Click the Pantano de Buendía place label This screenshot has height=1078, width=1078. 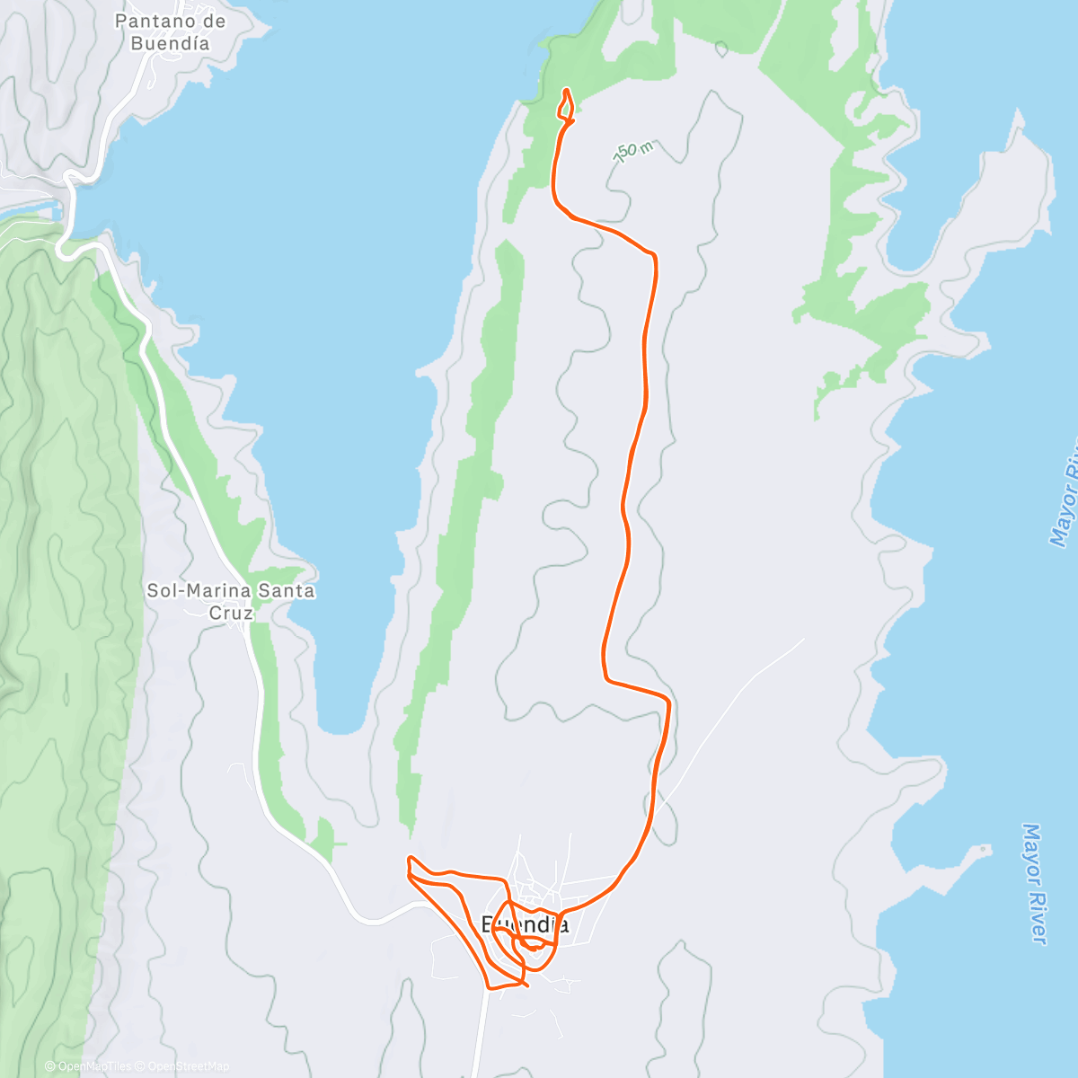click(x=171, y=31)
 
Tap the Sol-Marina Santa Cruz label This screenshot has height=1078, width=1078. click(x=231, y=601)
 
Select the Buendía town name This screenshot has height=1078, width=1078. click(x=526, y=924)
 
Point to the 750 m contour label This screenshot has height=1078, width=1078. click(x=633, y=152)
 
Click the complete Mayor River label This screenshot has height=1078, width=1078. click(x=1035, y=884)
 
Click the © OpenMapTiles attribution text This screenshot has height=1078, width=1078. click(x=88, y=1066)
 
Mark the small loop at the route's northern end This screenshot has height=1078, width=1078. click(x=566, y=106)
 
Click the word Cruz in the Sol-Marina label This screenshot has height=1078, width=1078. click(x=231, y=613)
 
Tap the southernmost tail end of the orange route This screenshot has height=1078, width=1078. click(x=526, y=986)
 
